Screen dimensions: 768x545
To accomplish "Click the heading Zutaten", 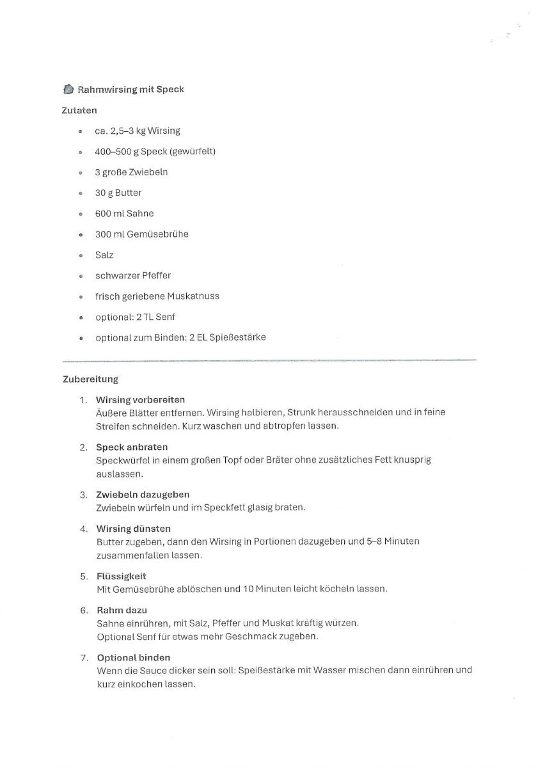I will (x=79, y=110).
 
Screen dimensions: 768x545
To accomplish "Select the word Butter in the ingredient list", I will (x=128, y=193).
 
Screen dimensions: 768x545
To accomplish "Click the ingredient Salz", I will (x=104, y=255).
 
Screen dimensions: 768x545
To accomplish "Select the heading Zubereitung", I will (x=90, y=379).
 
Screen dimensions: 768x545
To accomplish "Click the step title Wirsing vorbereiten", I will (x=141, y=399).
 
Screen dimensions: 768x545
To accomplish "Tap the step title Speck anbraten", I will (x=132, y=447).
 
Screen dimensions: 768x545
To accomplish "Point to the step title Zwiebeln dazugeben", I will (x=143, y=494).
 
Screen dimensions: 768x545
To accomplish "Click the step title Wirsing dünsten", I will (x=133, y=529).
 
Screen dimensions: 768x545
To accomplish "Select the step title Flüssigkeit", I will (x=122, y=576).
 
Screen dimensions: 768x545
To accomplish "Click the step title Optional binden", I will (x=133, y=657).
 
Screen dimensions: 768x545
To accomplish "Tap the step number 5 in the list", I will (x=83, y=576).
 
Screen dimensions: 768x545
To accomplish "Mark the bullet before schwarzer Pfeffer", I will (x=81, y=276).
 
